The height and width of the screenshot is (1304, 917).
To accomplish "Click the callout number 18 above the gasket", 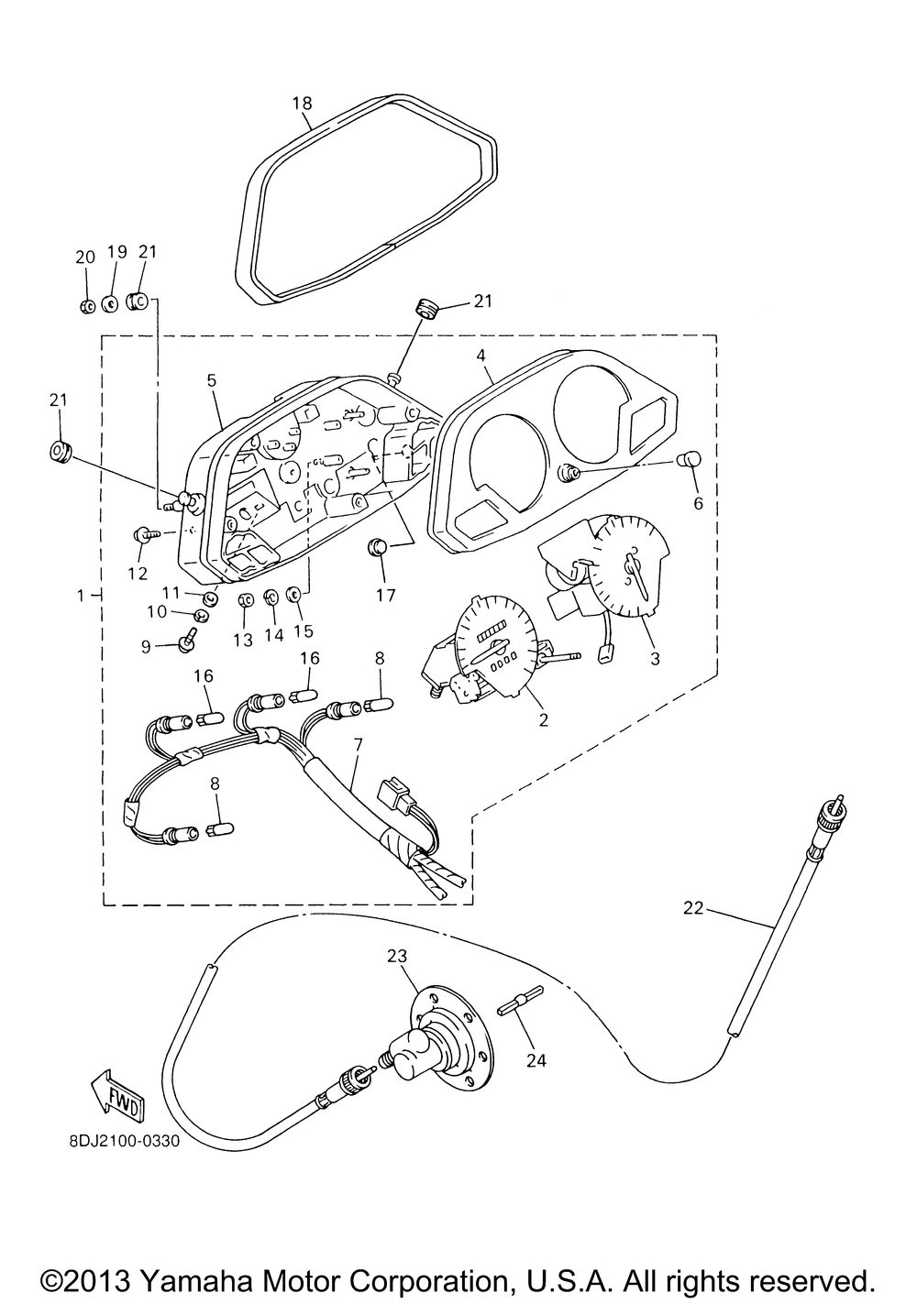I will point(303,103).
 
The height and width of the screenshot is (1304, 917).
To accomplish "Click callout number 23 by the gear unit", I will point(397,957).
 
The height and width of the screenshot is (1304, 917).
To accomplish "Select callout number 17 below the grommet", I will point(385,595).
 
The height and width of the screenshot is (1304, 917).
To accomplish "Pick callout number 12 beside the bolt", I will point(138,574).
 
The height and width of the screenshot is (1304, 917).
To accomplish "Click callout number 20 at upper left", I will point(84,258).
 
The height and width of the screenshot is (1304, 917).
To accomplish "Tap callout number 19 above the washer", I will point(116,252).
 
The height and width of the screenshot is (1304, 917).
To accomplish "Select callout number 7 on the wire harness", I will point(357,744).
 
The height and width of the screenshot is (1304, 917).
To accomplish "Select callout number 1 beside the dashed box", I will point(82,596).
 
